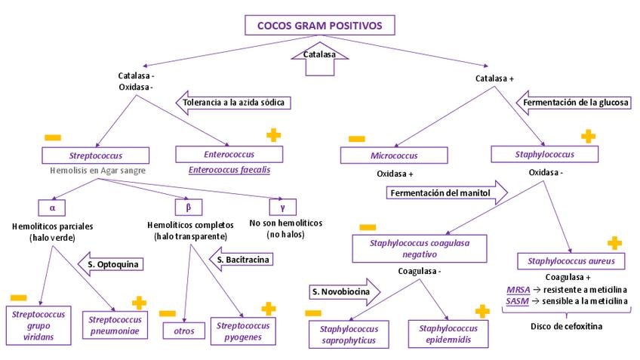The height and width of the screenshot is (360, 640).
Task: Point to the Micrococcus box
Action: (x=394, y=155)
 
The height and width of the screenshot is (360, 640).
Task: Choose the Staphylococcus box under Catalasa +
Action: (x=545, y=154)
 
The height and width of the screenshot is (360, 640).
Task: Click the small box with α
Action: (x=53, y=205)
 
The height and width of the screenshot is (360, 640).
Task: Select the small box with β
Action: (x=189, y=205)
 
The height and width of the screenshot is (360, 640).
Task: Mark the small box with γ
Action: (x=282, y=205)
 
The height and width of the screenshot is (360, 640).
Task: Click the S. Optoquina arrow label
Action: (x=112, y=264)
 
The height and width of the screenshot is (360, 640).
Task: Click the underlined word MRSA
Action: (x=518, y=289)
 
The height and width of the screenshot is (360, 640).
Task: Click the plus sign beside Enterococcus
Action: (x=273, y=135)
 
